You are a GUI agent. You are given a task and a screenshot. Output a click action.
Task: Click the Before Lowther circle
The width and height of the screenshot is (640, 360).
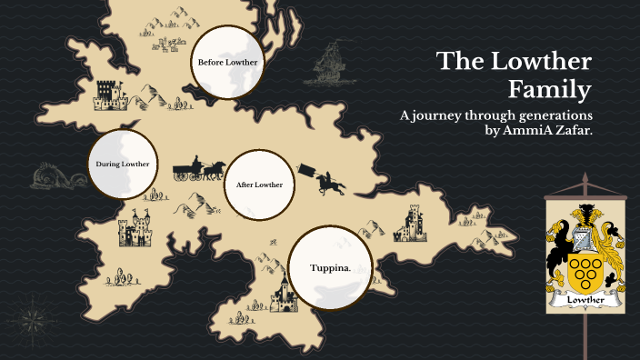click(x=228, y=62)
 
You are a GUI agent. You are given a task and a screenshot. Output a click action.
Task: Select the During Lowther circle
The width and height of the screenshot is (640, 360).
click(x=122, y=165)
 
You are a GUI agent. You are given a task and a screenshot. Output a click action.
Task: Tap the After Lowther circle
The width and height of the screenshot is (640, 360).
click(x=259, y=185)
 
